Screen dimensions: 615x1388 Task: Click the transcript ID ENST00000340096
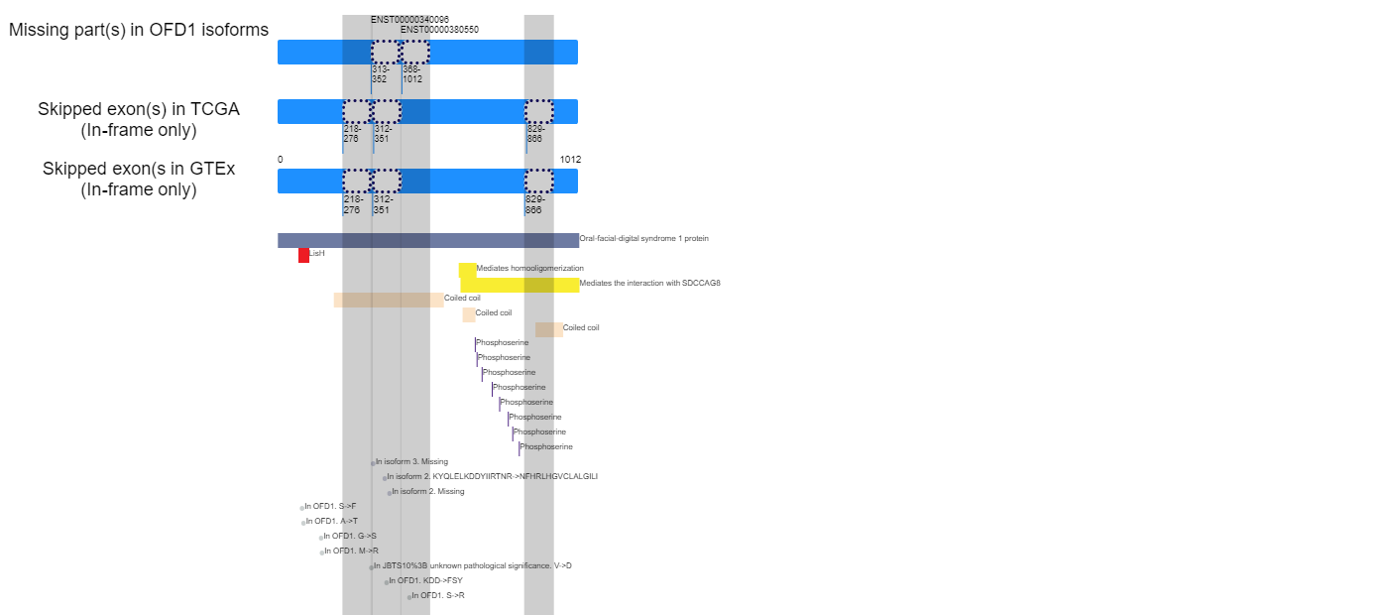click(x=409, y=19)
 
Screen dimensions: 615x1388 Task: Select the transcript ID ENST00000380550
click(x=439, y=30)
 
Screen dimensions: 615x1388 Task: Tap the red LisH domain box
click(x=303, y=255)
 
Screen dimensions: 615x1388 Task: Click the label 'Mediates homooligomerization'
click(x=529, y=269)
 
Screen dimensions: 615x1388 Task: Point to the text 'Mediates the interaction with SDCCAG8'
click(x=649, y=284)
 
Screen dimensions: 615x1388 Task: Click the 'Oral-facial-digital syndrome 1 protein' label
click(x=643, y=239)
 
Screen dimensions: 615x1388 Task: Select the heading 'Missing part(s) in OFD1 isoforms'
click(x=139, y=30)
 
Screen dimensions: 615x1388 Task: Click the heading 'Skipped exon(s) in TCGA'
click(x=139, y=109)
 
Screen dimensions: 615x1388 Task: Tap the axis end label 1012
click(x=570, y=160)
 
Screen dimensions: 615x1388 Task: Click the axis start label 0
click(x=281, y=160)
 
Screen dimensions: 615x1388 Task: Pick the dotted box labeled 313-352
click(x=385, y=52)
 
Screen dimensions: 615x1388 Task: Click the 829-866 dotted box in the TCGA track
click(x=538, y=111)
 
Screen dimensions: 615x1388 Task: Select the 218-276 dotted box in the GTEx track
click(x=357, y=181)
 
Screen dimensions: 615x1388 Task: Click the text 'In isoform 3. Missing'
click(x=411, y=462)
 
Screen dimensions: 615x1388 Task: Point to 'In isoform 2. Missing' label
click(x=427, y=492)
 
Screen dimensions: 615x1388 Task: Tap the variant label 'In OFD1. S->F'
click(x=330, y=507)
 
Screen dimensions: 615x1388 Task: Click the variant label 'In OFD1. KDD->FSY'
click(x=425, y=581)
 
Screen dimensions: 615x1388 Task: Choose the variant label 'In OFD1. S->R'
click(x=441, y=596)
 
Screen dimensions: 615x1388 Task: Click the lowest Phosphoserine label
click(x=546, y=447)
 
